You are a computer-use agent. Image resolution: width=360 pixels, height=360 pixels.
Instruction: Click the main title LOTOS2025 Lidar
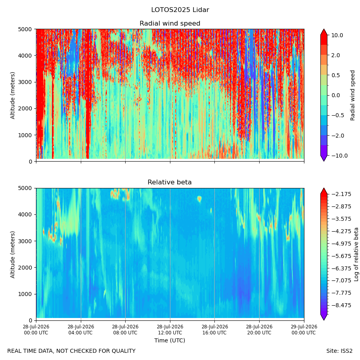pyautogui.click(x=180, y=10)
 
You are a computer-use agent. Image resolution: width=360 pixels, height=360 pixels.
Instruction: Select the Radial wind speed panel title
pyautogui.click(x=170, y=24)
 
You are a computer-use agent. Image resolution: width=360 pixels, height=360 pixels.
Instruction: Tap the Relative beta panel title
pyautogui.click(x=170, y=182)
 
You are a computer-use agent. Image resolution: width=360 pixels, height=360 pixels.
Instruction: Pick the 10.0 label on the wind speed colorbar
pyautogui.click(x=337, y=35)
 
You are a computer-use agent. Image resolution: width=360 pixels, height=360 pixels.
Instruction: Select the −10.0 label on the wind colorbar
pyautogui.click(x=339, y=156)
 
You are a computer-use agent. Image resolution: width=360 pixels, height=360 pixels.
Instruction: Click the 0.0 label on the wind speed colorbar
pyautogui.click(x=336, y=96)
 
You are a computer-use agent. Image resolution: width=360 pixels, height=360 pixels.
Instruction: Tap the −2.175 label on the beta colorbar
pyautogui.click(x=341, y=194)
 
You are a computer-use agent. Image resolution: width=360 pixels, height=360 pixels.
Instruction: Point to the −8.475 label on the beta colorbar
pyautogui.click(x=341, y=305)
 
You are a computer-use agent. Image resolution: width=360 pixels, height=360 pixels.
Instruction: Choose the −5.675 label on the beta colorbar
pyautogui.click(x=341, y=256)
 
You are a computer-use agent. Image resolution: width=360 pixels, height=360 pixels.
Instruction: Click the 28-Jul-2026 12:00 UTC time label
pyautogui.click(x=170, y=330)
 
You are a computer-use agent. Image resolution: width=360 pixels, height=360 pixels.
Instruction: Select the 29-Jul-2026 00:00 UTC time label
pyautogui.click(x=304, y=330)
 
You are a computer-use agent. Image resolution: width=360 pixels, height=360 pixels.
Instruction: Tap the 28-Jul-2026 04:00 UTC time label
pyautogui.click(x=81, y=330)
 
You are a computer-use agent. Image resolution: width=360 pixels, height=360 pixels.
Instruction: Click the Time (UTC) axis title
pyautogui.click(x=170, y=340)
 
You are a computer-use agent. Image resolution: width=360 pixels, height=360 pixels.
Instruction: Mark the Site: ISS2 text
pyautogui.click(x=339, y=351)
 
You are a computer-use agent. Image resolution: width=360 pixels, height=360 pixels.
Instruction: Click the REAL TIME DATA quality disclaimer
pyautogui.click(x=72, y=351)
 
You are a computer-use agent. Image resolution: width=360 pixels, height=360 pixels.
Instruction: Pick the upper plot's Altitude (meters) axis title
pyautogui.click(x=12, y=96)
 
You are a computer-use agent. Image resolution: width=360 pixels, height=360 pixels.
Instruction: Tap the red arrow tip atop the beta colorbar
pyautogui.click(x=324, y=188)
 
